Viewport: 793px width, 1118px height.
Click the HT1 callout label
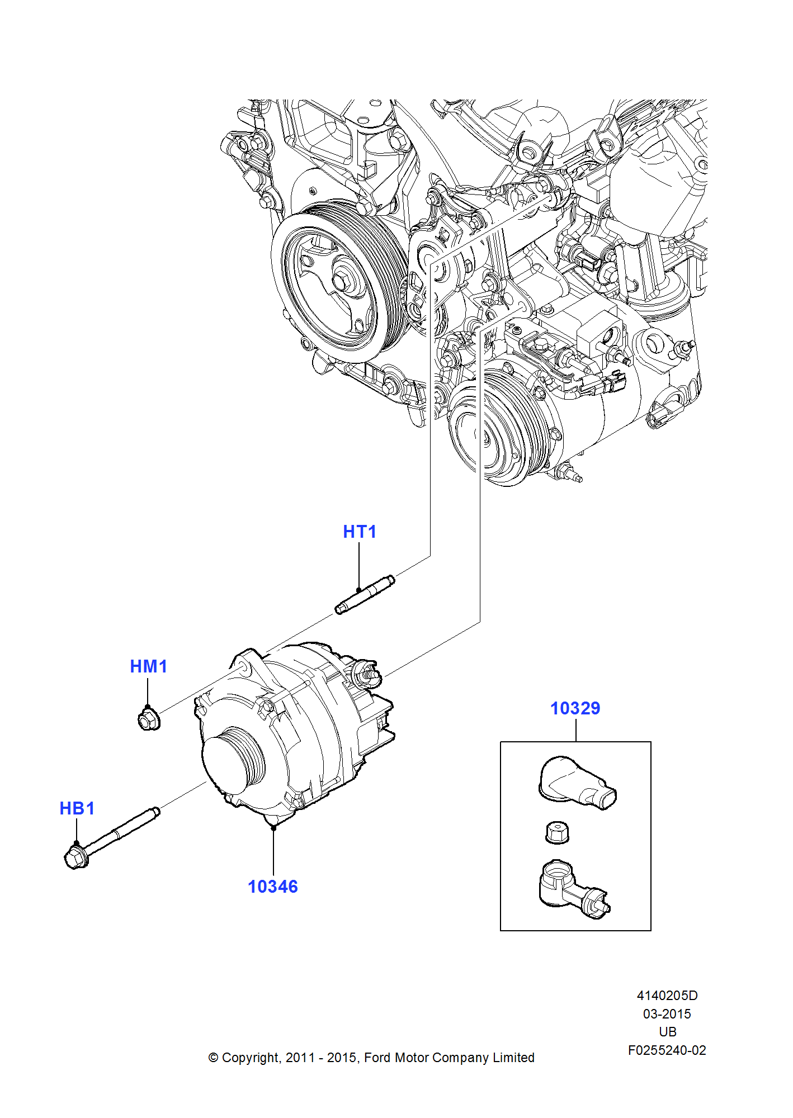click(x=360, y=532)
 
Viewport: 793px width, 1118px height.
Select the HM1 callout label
click(x=148, y=666)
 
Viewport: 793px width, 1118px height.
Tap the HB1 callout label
click(x=77, y=808)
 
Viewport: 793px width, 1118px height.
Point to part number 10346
click(x=273, y=887)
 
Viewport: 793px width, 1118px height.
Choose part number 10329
click(x=575, y=708)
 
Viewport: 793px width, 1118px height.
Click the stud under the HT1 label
click(x=365, y=595)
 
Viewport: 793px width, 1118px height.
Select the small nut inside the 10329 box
click(x=557, y=832)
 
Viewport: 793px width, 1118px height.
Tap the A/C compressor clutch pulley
click(x=492, y=430)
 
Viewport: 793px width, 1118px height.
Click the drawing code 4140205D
click(x=667, y=996)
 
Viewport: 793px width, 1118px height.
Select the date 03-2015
click(x=667, y=1014)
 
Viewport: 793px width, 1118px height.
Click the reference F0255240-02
click(x=667, y=1050)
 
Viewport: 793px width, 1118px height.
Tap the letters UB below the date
click(x=667, y=1032)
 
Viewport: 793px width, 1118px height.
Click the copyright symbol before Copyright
click(x=213, y=1058)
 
